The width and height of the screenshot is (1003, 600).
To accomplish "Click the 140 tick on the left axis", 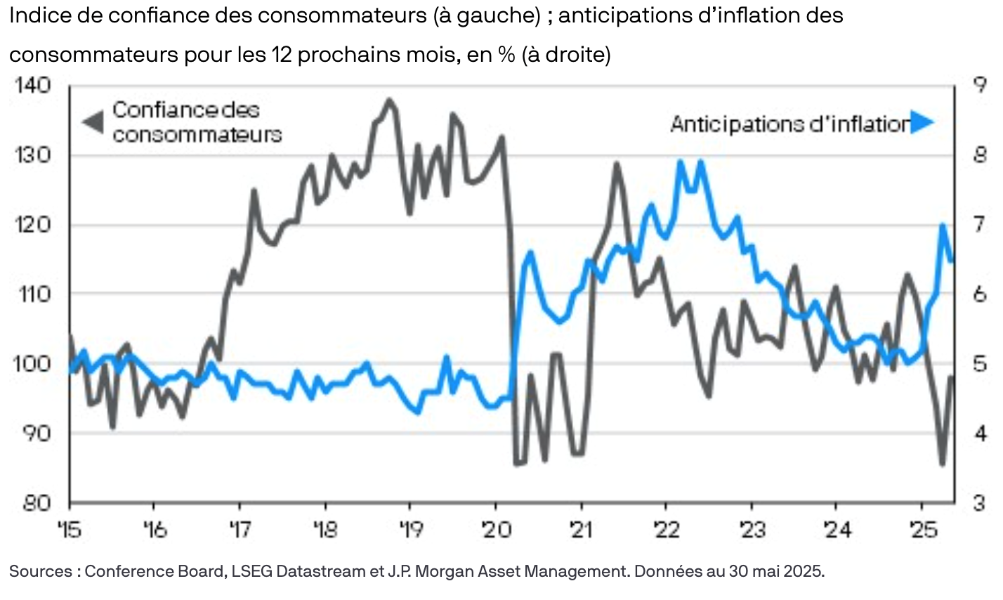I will [30, 86].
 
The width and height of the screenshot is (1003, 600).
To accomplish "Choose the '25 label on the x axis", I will [922, 529].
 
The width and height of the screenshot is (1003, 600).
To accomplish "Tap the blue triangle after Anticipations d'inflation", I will [923, 124].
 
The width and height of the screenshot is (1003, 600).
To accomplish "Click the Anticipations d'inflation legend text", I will [789, 124].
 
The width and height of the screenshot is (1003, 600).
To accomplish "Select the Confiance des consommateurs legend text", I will [197, 122].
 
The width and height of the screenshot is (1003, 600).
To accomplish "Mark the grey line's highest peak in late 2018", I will [388, 100].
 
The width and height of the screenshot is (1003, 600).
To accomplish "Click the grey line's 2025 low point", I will [943, 464].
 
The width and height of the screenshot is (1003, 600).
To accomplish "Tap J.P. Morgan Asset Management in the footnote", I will [509, 571].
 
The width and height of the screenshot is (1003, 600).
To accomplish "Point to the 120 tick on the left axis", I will [30, 225].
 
